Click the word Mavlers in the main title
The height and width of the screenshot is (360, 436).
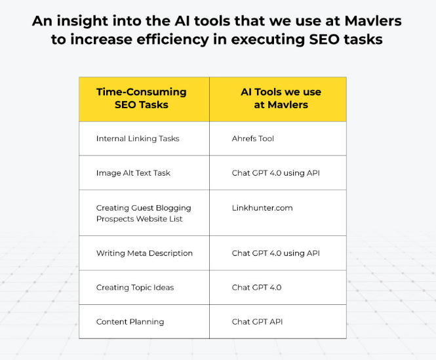coord(373,21)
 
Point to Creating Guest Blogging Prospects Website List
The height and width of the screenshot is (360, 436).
coord(144,213)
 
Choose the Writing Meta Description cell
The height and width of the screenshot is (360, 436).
coord(144,253)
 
